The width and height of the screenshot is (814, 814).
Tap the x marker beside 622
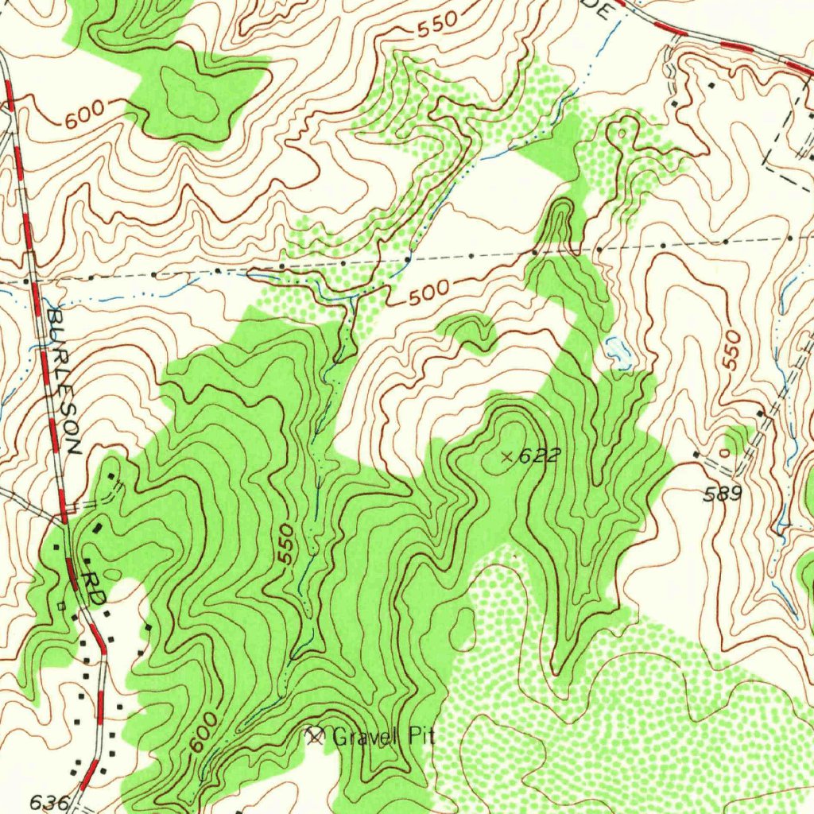[507, 455]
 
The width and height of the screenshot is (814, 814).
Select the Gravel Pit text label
[383, 737]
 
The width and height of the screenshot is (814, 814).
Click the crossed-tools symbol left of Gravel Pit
[316, 736]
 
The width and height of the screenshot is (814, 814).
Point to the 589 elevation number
[723, 494]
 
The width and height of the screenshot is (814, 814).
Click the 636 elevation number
[49, 802]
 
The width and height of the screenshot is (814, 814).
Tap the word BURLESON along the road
[64, 382]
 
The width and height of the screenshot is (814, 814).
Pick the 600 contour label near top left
[85, 117]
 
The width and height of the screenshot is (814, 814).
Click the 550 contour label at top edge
[437, 25]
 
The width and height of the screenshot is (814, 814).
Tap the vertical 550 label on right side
[731, 350]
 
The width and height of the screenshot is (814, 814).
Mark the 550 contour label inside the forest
[287, 545]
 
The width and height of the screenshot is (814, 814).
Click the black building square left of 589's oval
[696, 454]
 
